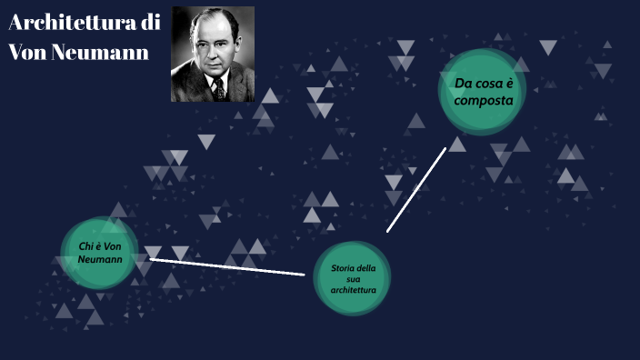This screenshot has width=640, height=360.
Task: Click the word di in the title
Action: [x=151, y=24]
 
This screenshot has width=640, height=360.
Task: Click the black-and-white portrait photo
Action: [x=213, y=54]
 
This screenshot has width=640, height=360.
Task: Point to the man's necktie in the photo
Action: [x=217, y=87]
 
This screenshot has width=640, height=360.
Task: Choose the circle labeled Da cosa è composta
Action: [x=483, y=92]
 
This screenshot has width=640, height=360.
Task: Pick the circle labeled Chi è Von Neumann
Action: [x=100, y=253]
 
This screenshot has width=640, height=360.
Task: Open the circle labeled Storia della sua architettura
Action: [x=353, y=278]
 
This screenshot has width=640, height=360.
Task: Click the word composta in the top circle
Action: [x=478, y=100]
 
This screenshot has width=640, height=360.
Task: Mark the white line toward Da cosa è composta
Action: [x=416, y=189]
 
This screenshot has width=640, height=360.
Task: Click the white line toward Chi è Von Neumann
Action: [x=227, y=266]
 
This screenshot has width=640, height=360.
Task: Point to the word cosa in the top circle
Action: [x=495, y=84]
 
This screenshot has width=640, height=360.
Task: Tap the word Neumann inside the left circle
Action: [x=100, y=259]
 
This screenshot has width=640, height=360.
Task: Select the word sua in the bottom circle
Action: [x=353, y=279]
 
